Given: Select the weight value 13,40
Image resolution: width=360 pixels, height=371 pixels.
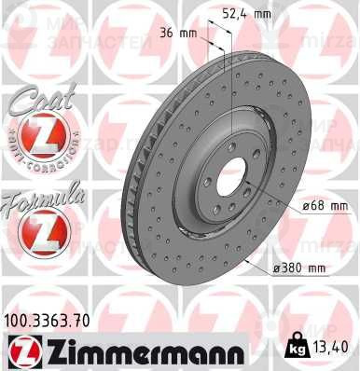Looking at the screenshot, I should pos(334,348).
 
